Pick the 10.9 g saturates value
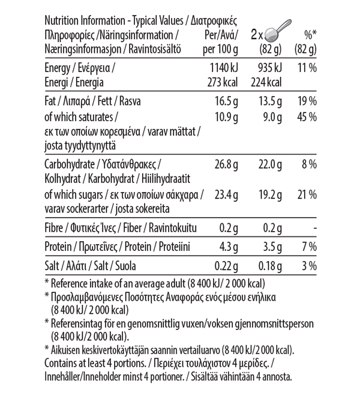point(226,116)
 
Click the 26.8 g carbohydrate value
point(226,164)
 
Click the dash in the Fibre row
point(314,228)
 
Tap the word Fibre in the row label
point(56,228)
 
